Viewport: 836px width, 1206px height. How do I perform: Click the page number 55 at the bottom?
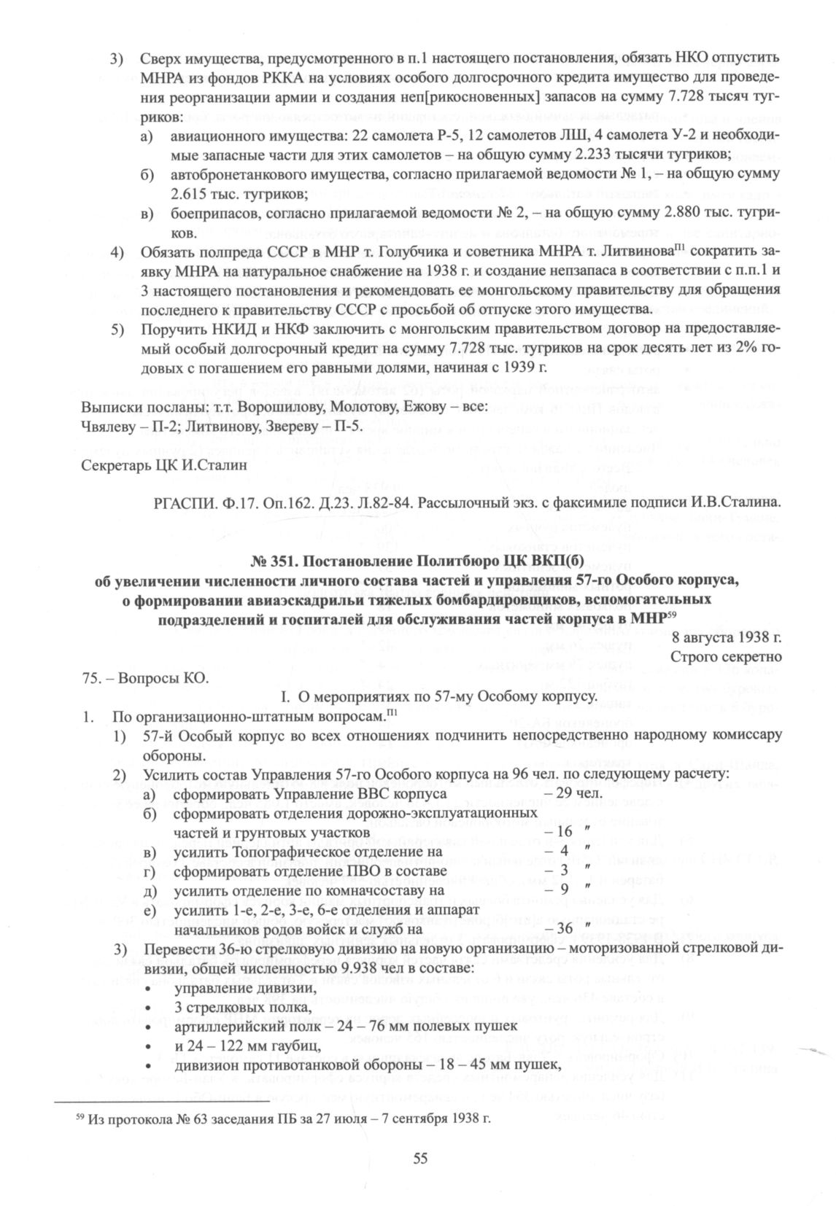(x=419, y=1159)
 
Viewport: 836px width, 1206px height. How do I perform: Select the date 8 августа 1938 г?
(x=729, y=636)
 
